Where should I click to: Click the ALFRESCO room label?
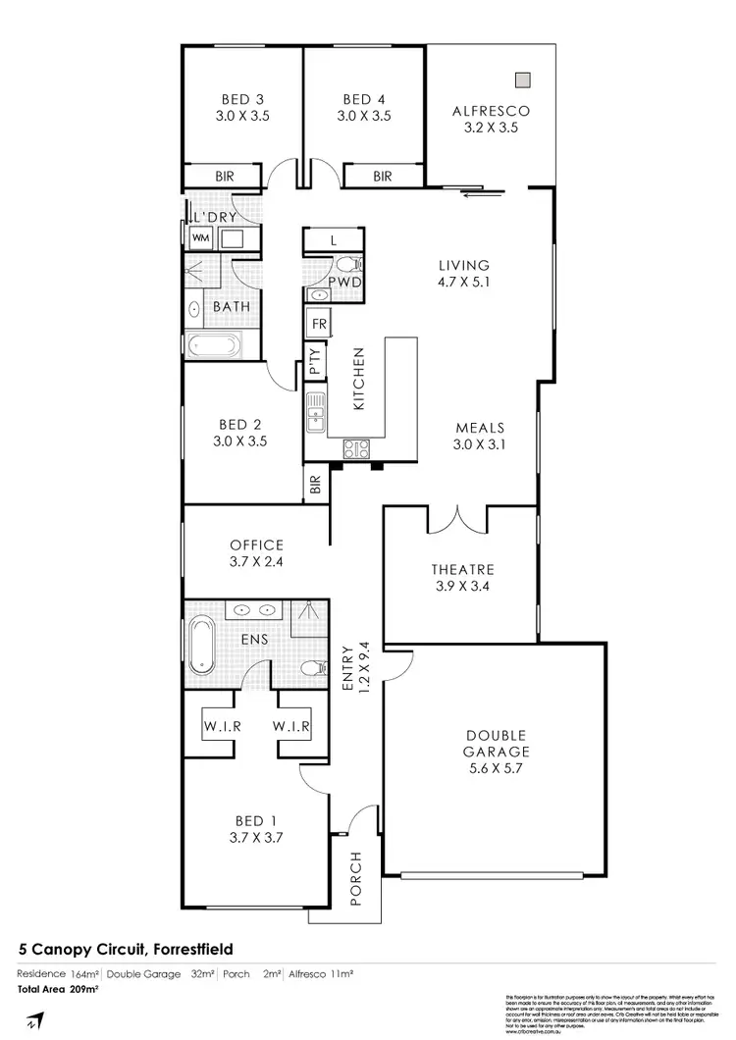coord(491,111)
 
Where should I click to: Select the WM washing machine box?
coord(201,237)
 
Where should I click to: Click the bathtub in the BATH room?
coord(212,345)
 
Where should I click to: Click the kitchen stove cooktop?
coord(355,449)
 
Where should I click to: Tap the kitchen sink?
coord(314,412)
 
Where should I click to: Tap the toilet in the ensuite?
coord(311,670)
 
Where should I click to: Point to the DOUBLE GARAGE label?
coord(499,744)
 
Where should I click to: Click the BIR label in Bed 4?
coord(382,177)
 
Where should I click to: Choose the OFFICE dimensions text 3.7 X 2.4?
coord(256,563)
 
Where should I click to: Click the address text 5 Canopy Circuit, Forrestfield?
coord(127,949)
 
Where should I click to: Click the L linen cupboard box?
coord(334,239)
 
